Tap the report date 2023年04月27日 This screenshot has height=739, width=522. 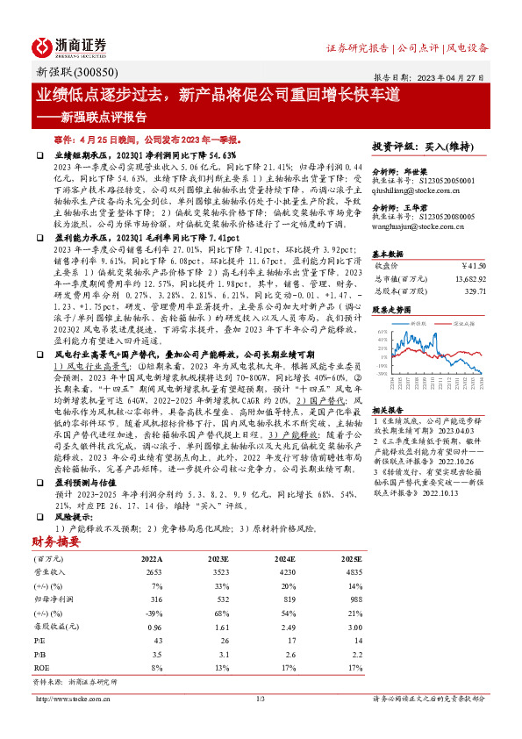click(x=454, y=76)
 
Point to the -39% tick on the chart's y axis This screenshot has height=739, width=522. click(x=383, y=373)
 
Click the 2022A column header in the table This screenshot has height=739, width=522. click(x=152, y=533)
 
